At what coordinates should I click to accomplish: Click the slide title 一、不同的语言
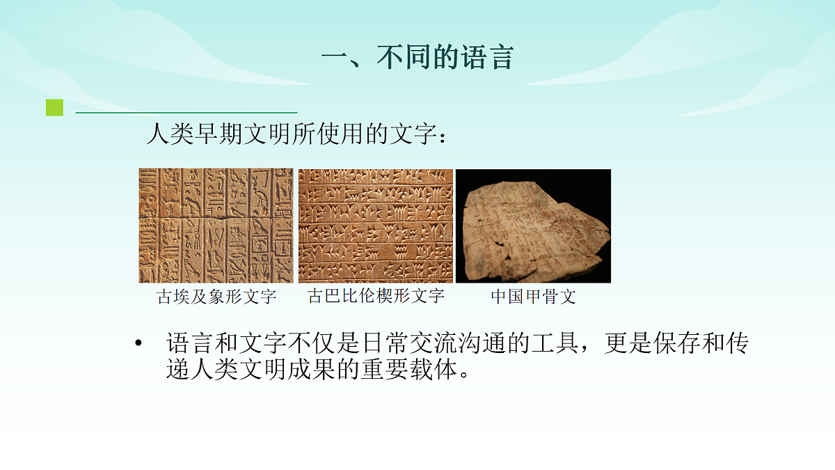click(x=417, y=57)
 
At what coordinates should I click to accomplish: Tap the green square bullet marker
click(x=54, y=108)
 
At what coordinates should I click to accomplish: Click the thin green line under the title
click(x=186, y=112)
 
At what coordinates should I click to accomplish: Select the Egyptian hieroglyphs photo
click(x=216, y=226)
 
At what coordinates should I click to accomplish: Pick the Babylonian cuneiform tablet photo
click(x=376, y=226)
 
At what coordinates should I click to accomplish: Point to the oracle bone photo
click(x=533, y=226)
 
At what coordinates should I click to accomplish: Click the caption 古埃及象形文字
click(x=216, y=297)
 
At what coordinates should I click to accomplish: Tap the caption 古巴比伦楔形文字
click(x=376, y=296)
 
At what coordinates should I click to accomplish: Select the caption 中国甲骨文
click(x=533, y=297)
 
